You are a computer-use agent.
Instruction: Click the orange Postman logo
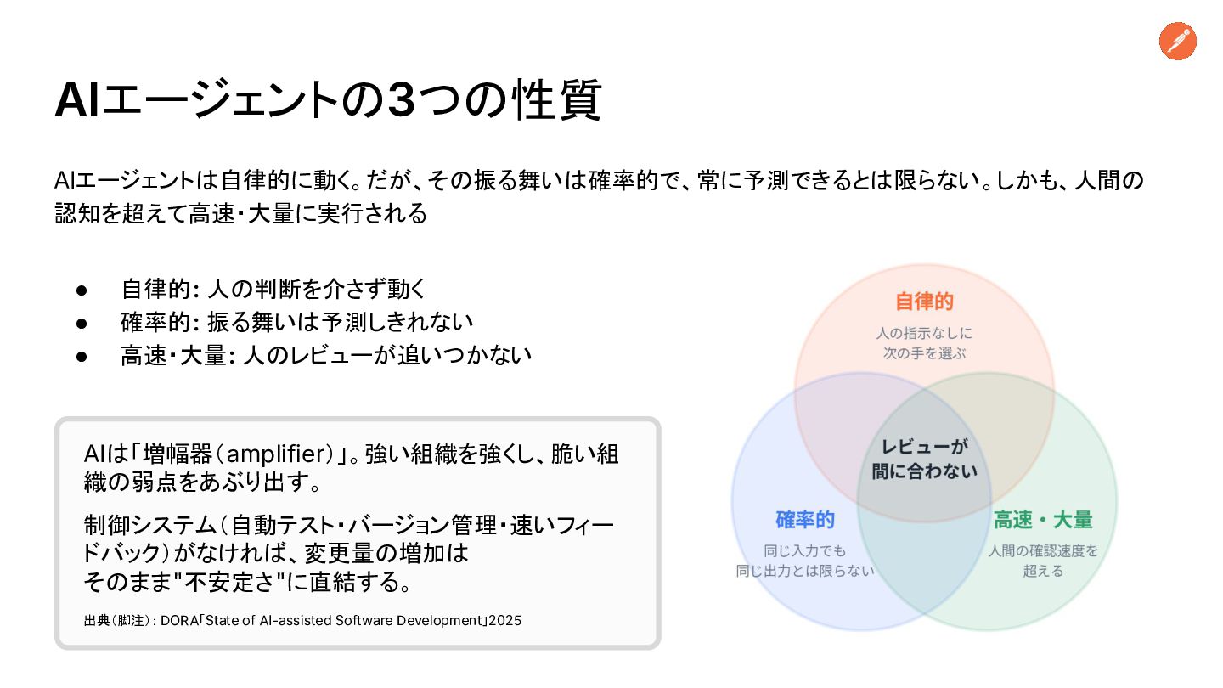[x=1178, y=41]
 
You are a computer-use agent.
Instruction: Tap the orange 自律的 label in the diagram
[x=924, y=302]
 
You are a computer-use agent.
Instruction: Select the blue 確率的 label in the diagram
[x=805, y=520]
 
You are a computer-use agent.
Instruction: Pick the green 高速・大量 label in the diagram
[x=1043, y=520]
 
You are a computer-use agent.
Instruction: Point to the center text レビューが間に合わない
[x=924, y=459]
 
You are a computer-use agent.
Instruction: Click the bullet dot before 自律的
[x=82, y=290]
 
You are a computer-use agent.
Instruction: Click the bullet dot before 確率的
[x=82, y=324]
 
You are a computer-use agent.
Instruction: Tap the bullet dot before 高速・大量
[x=82, y=357]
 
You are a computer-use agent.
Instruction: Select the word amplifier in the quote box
[x=276, y=454]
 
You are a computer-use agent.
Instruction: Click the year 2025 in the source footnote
[x=505, y=621]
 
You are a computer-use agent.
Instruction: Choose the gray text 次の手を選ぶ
[x=924, y=353]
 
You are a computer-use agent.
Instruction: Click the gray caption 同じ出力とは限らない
[x=805, y=571]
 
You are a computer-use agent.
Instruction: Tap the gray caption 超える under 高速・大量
[x=1043, y=571]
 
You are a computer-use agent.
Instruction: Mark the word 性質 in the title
[x=557, y=100]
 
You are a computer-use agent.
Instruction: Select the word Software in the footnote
[x=364, y=621]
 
